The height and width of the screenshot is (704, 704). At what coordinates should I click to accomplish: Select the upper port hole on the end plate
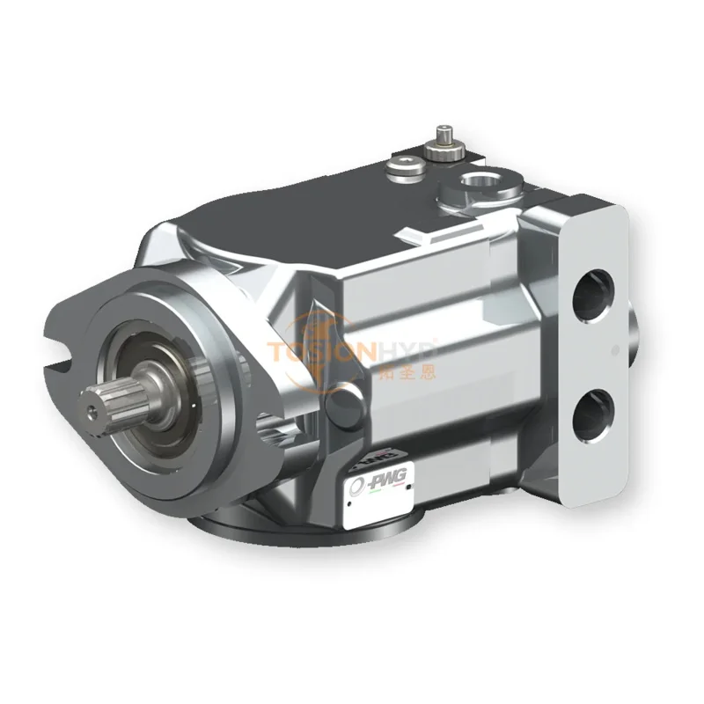596,302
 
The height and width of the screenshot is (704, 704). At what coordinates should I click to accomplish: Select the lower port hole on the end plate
595,408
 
